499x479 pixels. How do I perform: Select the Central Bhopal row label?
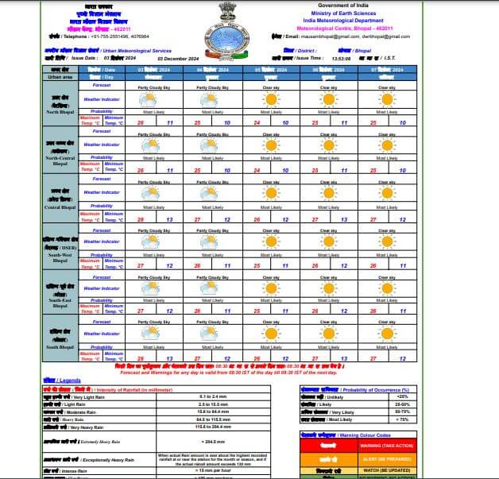61,207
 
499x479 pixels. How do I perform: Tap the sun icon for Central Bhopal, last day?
386,192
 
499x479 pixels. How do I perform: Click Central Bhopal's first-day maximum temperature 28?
141,218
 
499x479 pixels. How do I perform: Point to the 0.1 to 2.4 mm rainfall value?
214,396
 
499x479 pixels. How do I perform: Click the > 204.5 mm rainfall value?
214,441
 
